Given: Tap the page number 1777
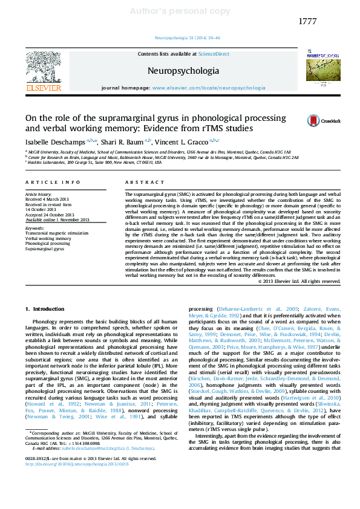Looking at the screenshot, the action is click(307, 22).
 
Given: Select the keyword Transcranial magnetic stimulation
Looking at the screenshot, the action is click(56, 233).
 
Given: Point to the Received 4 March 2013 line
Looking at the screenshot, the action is click(49, 199).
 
